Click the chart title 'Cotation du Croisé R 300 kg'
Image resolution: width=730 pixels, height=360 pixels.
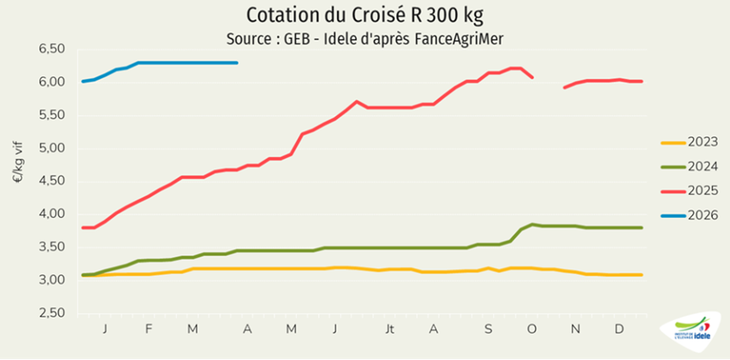pyautogui.click(x=365, y=16)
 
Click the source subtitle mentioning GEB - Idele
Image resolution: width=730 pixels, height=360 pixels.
pyautogui.click(x=365, y=37)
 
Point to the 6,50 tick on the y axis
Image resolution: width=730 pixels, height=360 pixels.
pyautogui.click(x=51, y=49)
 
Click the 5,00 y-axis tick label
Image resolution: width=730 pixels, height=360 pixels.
pyautogui.click(x=51, y=148)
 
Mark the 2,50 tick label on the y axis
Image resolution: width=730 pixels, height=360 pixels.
pyautogui.click(x=51, y=313)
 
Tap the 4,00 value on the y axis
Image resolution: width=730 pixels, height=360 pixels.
pyautogui.click(x=51, y=214)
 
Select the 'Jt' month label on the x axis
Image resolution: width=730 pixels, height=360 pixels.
pyautogui.click(x=389, y=328)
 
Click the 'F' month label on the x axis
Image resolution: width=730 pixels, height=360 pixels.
pyautogui.click(x=150, y=328)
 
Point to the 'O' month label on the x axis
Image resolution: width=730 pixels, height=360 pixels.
pyautogui.click(x=532, y=328)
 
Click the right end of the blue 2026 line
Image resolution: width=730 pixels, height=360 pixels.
pyautogui.click(x=237, y=62)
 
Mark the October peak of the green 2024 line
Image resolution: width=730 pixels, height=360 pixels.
pyautogui.click(x=533, y=224)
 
